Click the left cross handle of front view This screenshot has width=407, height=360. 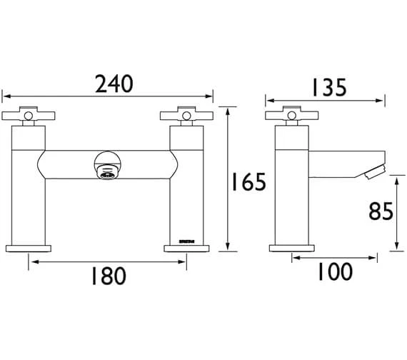pos(29,115)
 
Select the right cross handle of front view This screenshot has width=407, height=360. pos(186,115)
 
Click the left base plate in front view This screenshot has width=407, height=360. pos(29,248)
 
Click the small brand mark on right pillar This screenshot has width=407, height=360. pos(186,240)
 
